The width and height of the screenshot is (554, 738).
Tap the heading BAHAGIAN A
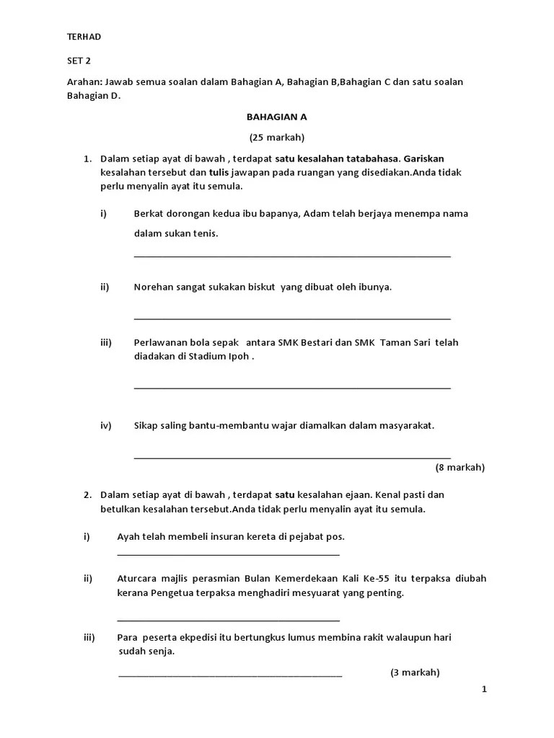tap(277, 117)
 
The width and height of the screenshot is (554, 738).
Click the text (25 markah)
tap(277, 137)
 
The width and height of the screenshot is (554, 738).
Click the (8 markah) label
tap(460, 467)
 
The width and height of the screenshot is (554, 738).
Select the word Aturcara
tap(137, 579)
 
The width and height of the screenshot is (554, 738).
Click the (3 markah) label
tap(415, 672)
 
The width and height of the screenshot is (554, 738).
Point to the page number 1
tap(484, 689)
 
